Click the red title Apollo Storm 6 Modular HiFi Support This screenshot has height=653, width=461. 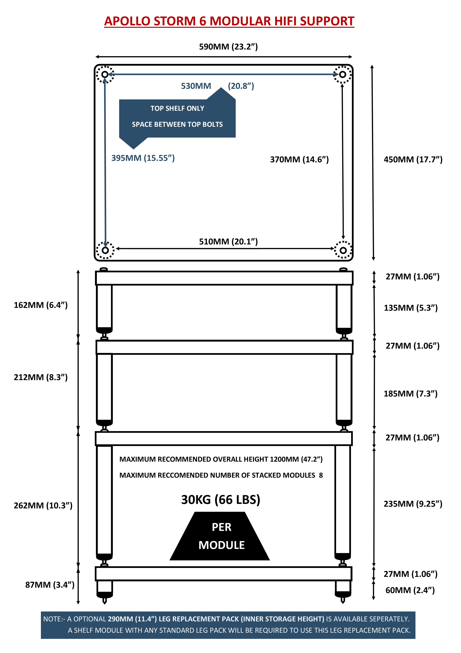tap(229, 21)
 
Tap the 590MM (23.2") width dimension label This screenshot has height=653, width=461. tap(228, 47)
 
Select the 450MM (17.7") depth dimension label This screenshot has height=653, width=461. tap(413, 160)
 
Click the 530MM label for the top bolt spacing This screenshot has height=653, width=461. tap(196, 86)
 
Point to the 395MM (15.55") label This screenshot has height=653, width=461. tap(143, 158)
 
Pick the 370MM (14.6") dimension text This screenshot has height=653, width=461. tap(299, 160)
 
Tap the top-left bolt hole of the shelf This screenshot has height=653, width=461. tap(105, 74)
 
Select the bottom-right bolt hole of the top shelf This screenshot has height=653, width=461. tap(343, 250)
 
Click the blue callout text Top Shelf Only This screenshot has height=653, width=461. tap(177, 108)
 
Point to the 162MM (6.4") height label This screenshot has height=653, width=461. tap(41, 305)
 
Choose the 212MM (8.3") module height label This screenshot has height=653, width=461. tap(41, 377)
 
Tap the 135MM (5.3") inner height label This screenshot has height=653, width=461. tap(411, 308)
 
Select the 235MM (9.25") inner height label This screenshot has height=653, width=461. tap(413, 504)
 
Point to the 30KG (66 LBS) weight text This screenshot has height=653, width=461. tap(221, 500)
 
